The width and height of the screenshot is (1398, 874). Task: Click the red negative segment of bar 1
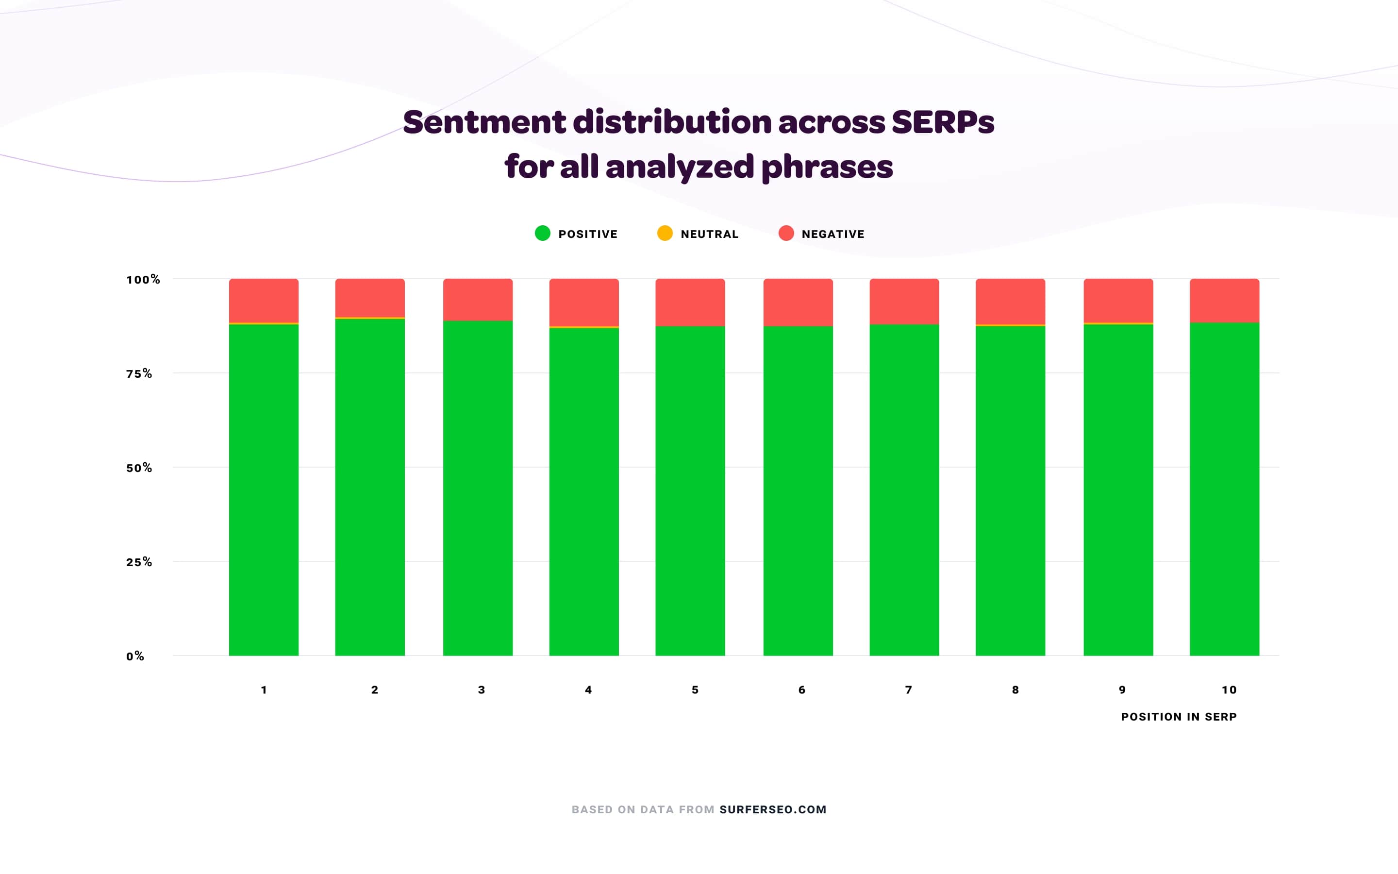pos(264,301)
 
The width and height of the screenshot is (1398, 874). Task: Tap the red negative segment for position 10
pos(1224,300)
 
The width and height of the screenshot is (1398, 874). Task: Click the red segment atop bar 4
pos(583,303)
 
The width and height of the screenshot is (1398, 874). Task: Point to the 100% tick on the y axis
pos(143,280)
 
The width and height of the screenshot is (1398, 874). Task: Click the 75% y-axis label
pos(139,374)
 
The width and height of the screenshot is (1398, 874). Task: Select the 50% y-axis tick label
pos(139,468)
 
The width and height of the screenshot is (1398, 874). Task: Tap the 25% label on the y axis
pos(139,562)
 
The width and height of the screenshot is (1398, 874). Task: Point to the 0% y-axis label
pos(135,656)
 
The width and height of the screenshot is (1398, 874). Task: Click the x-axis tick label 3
pos(481,689)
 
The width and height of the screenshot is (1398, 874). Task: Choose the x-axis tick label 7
pos(908,689)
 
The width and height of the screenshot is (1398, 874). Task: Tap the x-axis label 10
pos(1229,689)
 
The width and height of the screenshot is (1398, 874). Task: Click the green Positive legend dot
pos(542,234)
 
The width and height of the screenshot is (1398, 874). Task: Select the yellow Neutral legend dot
pos(665,234)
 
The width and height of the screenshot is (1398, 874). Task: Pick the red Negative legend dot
pos(786,234)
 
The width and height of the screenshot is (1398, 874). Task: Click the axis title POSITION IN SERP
pos(1179,717)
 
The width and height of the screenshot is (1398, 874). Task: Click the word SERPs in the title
pos(943,122)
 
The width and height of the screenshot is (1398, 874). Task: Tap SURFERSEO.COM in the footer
pos(772,809)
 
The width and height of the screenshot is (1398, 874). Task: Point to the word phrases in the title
pos(827,167)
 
